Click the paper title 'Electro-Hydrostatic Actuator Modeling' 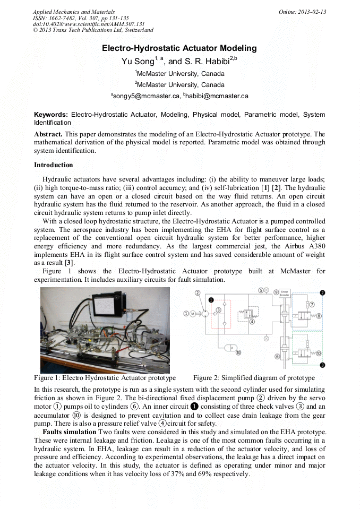click(x=179, y=48)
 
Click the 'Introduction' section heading click(x=53, y=165)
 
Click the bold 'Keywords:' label click(x=51, y=115)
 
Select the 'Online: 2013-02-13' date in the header click(x=302, y=12)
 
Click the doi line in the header click(x=89, y=24)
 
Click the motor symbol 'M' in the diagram click(x=192, y=314)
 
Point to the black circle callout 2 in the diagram click(x=322, y=292)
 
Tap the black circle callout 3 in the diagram click(x=322, y=365)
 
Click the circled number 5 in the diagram click(x=261, y=290)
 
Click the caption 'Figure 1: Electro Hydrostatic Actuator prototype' click(x=105, y=378)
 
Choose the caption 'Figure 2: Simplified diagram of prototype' click(x=254, y=378)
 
